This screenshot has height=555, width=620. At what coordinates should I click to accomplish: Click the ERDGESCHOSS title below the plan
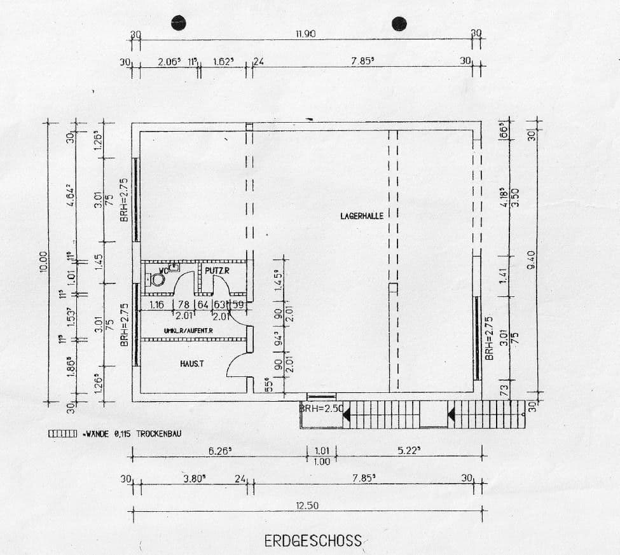pos(313,541)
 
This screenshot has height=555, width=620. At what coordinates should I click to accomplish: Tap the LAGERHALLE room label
pos(362,216)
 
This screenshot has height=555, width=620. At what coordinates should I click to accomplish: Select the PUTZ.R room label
pos(216,271)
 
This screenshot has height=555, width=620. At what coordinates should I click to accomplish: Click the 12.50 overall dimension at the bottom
pos(307,505)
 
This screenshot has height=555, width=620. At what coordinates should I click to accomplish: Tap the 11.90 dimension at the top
pos(307,34)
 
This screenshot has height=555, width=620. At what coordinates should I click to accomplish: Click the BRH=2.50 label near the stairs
pos(322,408)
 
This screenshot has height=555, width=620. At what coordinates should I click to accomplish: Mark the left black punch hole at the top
pos(179,22)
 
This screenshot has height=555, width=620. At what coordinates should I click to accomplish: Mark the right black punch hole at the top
pos(399,24)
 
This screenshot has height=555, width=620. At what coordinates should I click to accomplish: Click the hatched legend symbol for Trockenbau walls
pos(62,434)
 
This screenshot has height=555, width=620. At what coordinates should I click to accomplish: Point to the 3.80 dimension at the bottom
pos(193,479)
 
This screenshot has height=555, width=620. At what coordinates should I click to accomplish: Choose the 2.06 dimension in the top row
pos(169,62)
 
